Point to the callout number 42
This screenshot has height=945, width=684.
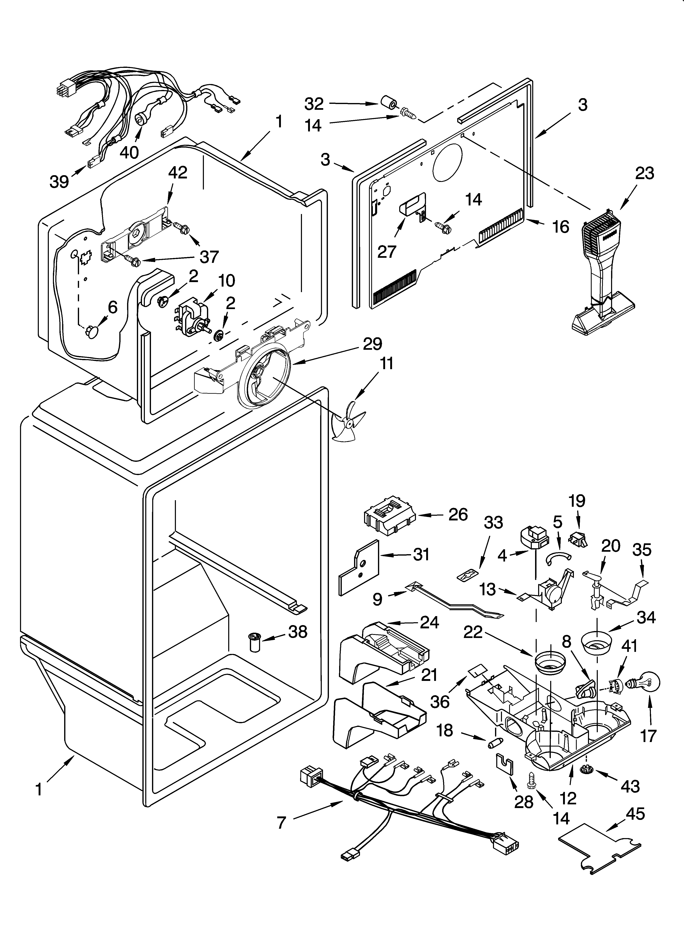point(178,173)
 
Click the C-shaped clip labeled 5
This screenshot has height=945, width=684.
point(557,557)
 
